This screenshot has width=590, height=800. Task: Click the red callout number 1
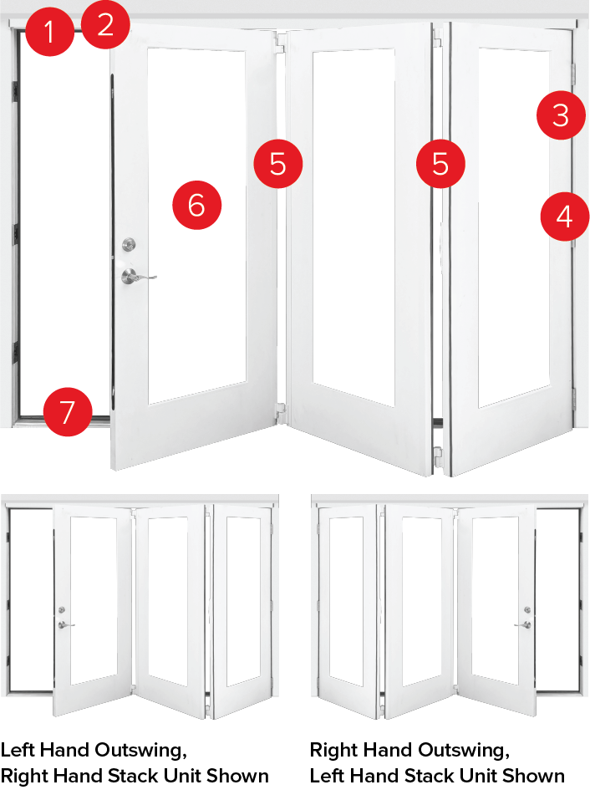(48, 34)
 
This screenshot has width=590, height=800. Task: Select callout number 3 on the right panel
(561, 115)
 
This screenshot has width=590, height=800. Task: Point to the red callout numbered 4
(565, 217)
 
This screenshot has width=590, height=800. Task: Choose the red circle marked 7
(67, 411)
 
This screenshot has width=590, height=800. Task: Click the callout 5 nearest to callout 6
(278, 164)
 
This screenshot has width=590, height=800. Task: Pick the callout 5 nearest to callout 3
(440, 164)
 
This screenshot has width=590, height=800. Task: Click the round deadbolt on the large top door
(129, 244)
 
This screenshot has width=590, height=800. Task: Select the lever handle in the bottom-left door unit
(64, 624)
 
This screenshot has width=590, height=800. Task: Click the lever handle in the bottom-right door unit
(525, 624)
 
